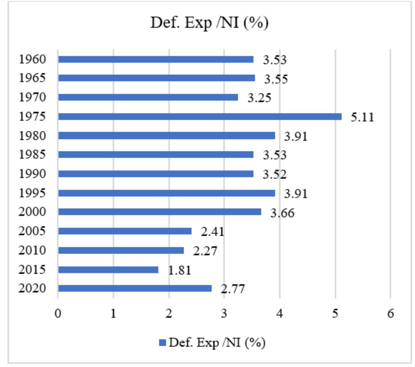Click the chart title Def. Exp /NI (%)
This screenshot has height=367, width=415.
[x=209, y=23]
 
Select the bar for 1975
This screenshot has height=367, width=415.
[x=200, y=116]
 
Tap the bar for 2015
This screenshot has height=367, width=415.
[x=108, y=270]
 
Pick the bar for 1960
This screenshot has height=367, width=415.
[x=156, y=59]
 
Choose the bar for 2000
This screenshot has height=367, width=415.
[x=159, y=212]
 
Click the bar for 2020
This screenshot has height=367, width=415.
[x=135, y=288]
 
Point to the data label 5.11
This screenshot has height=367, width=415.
[x=362, y=117]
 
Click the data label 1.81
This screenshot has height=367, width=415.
[x=180, y=270]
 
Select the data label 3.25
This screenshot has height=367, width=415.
[x=260, y=98]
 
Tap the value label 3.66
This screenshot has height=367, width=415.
[x=283, y=213]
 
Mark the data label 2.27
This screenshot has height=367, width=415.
[x=205, y=251]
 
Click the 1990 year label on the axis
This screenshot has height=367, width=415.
[x=32, y=174]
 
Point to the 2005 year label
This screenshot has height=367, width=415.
[x=32, y=231]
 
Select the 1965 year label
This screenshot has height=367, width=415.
[x=32, y=78]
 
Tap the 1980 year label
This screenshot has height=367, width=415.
[x=32, y=136]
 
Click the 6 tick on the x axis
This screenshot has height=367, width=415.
[x=390, y=314]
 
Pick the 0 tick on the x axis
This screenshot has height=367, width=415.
[x=58, y=314]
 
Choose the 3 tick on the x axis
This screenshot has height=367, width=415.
[x=224, y=314]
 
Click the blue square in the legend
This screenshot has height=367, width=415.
[x=163, y=343]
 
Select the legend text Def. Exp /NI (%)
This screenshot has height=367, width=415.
[x=217, y=343]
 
